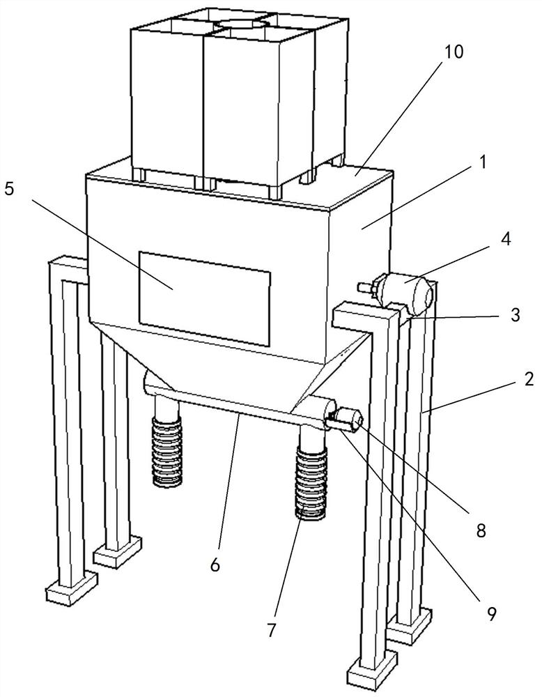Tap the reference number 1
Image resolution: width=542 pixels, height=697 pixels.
[x=483, y=162]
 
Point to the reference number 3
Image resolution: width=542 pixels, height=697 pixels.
[x=515, y=315]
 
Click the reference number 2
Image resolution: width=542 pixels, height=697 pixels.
[x=528, y=379]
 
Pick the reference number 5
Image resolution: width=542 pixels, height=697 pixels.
[x=9, y=190]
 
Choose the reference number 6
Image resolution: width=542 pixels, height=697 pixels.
[x=215, y=565]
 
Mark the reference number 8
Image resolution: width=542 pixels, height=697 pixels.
[x=481, y=530]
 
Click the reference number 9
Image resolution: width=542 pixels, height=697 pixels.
[x=490, y=613]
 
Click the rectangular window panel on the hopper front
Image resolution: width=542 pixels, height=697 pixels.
[x=204, y=299]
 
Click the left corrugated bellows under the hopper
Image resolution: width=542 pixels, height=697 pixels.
[x=167, y=452]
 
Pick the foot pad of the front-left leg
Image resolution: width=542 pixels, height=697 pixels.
[x=72, y=587]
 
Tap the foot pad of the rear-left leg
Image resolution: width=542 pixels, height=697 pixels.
[x=118, y=552]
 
